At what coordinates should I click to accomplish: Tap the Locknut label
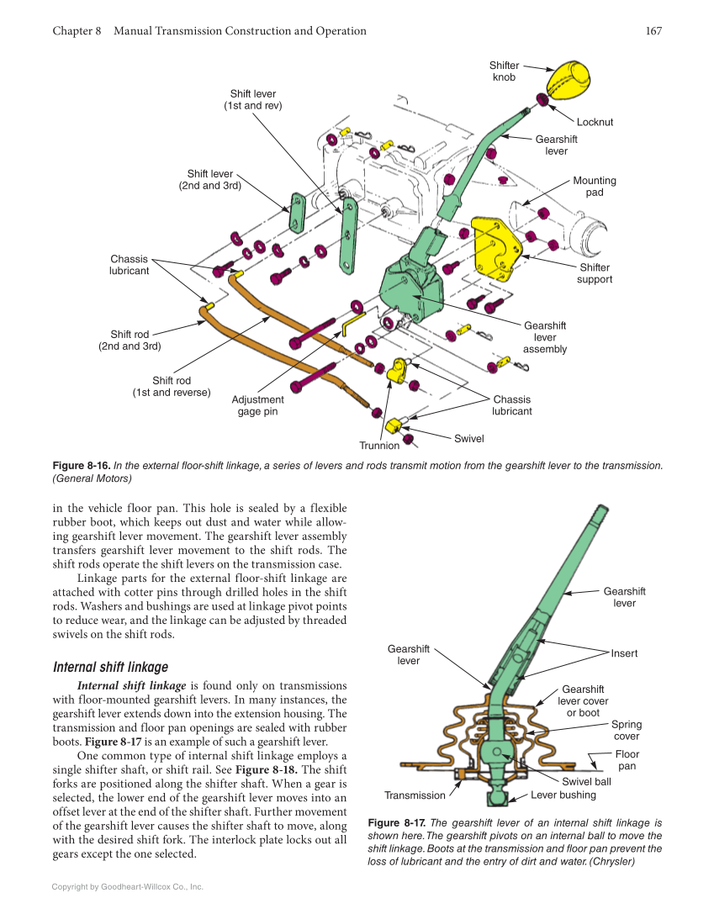point(595,122)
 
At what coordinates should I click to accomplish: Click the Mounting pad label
point(595,187)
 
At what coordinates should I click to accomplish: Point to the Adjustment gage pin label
point(257,405)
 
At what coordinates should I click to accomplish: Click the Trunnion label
point(379,446)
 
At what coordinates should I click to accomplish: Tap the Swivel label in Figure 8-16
point(468,438)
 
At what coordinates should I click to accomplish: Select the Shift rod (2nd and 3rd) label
point(130,340)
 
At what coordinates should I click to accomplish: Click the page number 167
point(653,31)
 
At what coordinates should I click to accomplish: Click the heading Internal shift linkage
point(110,667)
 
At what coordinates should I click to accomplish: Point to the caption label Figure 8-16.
point(81,465)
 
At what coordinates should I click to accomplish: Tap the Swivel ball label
point(586,781)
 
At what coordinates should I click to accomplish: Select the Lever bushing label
point(563,795)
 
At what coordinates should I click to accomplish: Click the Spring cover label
point(626,730)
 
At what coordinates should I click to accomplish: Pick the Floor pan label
point(627,760)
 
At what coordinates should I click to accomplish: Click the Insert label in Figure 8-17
point(624,653)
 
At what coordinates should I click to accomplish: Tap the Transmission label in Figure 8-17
point(415,795)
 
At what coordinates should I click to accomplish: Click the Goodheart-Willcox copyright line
point(127,886)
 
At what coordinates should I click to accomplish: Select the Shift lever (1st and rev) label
point(252,99)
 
